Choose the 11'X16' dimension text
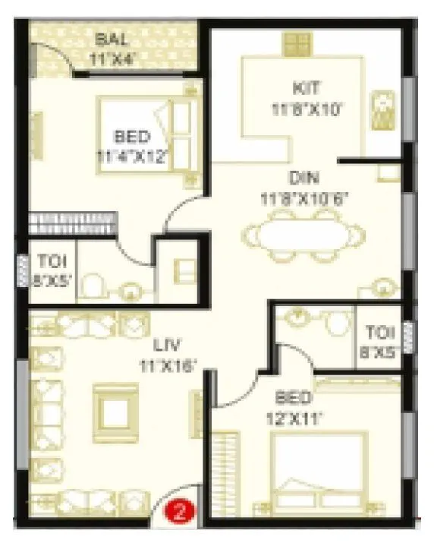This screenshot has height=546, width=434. click(x=168, y=365)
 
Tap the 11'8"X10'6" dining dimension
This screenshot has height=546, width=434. click(x=305, y=199)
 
